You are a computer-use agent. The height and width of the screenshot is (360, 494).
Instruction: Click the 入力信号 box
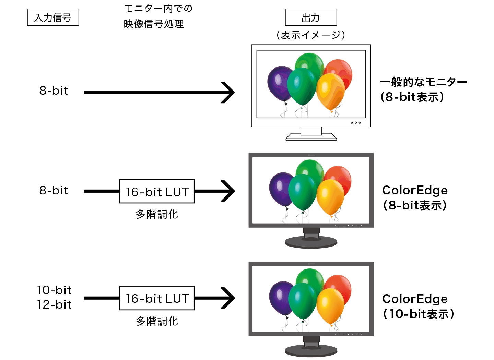[53, 17]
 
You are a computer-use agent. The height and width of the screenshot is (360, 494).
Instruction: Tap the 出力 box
[311, 17]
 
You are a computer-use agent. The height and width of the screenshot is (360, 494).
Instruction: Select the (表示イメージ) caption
[311, 35]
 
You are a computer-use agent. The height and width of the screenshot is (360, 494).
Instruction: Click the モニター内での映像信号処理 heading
[158, 16]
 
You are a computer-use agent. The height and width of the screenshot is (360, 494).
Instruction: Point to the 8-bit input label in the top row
[54, 91]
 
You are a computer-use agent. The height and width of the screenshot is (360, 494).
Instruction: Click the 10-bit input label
[55, 290]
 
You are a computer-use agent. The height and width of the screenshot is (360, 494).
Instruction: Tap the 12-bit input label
[55, 304]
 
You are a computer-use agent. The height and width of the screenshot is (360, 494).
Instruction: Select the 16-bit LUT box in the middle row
[157, 191]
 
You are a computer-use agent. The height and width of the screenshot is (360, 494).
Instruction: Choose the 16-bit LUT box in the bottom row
[157, 298]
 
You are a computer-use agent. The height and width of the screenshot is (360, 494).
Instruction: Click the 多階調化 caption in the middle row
[157, 214]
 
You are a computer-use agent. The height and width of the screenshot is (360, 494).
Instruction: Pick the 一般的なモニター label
[423, 82]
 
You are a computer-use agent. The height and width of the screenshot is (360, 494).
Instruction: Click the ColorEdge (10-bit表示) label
[418, 306]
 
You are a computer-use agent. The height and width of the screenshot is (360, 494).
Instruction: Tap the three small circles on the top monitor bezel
[356, 122]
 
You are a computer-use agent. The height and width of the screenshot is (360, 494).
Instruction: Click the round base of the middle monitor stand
[311, 242]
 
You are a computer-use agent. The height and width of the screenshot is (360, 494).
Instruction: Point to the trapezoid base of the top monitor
[311, 137]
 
